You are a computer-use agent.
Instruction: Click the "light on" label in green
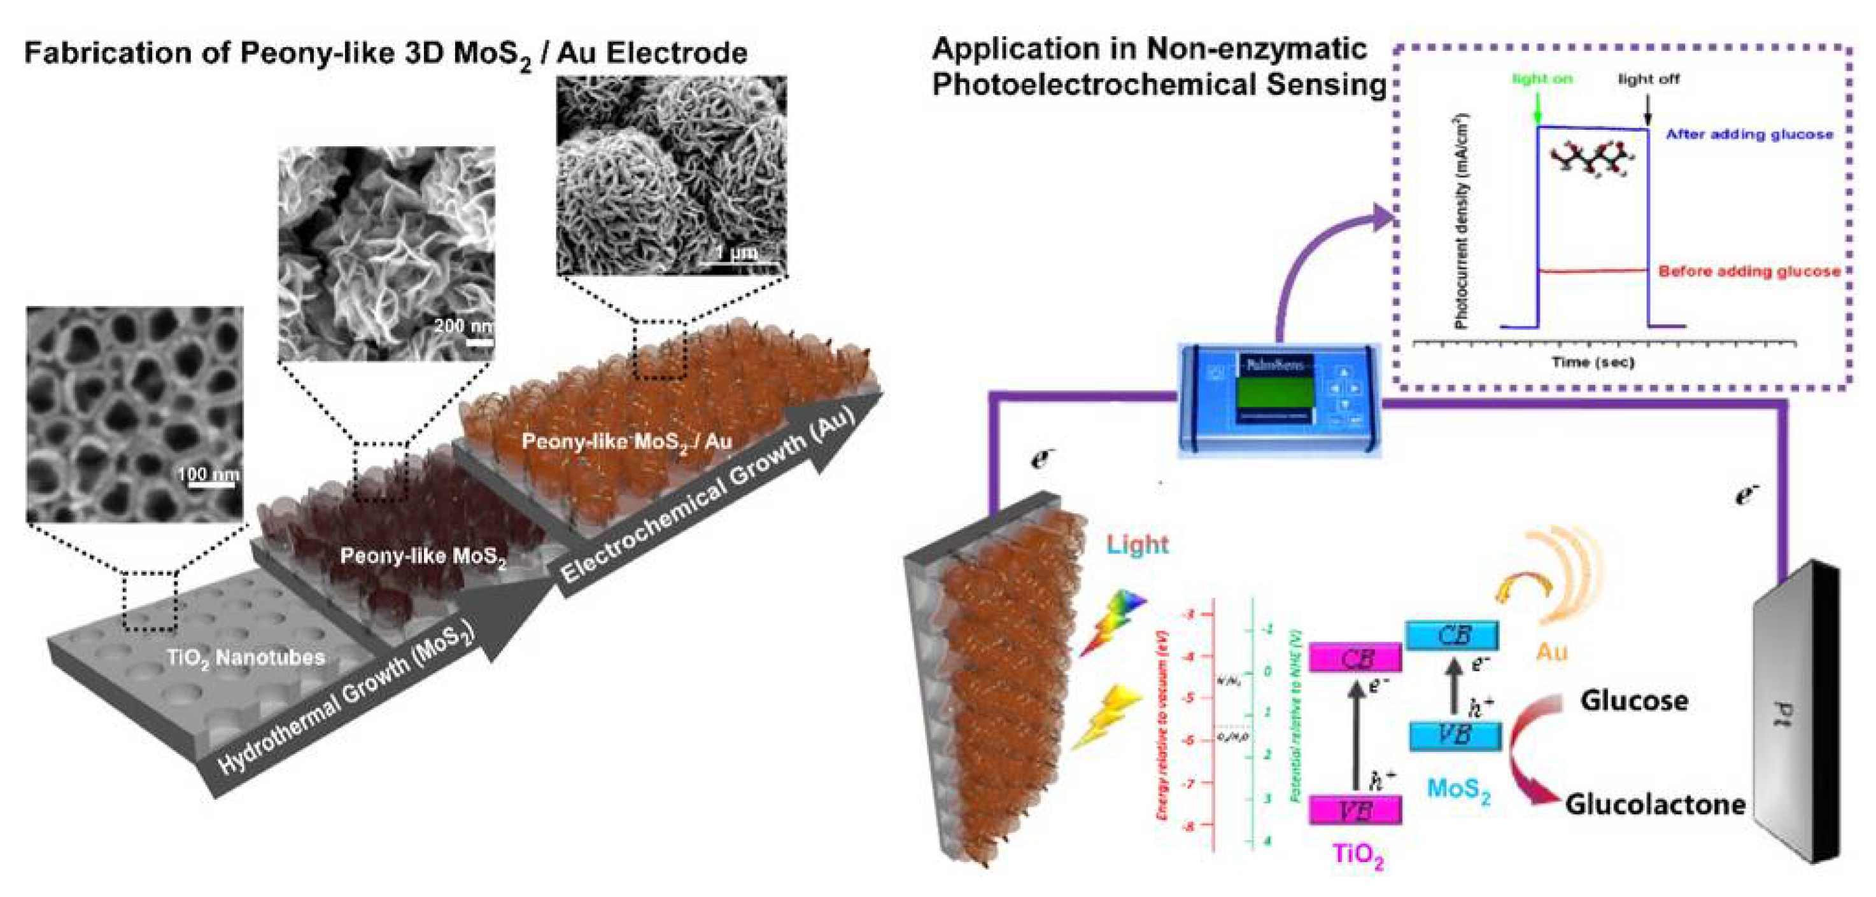[x=1542, y=79]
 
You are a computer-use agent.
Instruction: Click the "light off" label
[x=1649, y=79]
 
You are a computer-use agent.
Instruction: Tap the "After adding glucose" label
[x=1749, y=134]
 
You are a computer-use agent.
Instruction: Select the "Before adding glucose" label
[x=1749, y=272]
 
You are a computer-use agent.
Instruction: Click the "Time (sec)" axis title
[x=1593, y=362]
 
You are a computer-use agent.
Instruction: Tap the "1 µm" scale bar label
[x=737, y=253]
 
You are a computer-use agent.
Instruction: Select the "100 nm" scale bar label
[x=208, y=475]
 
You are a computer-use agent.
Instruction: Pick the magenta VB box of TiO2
[x=1355, y=809]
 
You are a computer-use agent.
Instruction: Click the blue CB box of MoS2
[x=1453, y=635]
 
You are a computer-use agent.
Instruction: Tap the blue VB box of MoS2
[x=1455, y=735]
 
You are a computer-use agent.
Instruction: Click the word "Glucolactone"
[x=1654, y=804]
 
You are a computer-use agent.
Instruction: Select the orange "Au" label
[x=1551, y=651]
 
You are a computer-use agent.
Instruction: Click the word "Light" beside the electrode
[x=1137, y=544]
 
